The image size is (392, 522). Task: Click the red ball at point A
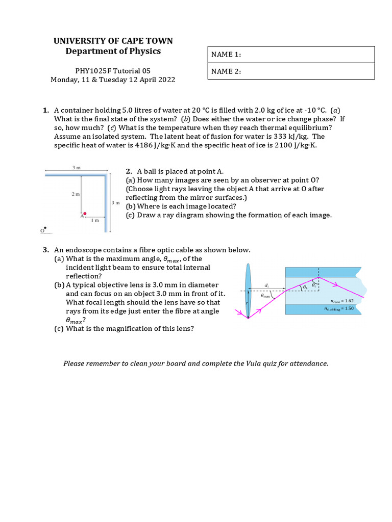point(85,214)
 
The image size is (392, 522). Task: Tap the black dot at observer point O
point(45,228)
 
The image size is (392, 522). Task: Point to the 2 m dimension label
point(75,195)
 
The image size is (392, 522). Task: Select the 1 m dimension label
point(95,220)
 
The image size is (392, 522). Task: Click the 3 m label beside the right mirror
point(115,202)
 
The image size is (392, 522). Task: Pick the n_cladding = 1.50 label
point(339,308)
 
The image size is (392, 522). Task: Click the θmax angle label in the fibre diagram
point(265,295)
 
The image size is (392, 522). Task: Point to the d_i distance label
point(267,285)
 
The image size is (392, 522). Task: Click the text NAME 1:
point(226,55)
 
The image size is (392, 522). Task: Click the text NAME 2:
point(226,72)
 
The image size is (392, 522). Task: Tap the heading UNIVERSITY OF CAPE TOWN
point(113,41)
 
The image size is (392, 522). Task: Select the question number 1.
point(45,110)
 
